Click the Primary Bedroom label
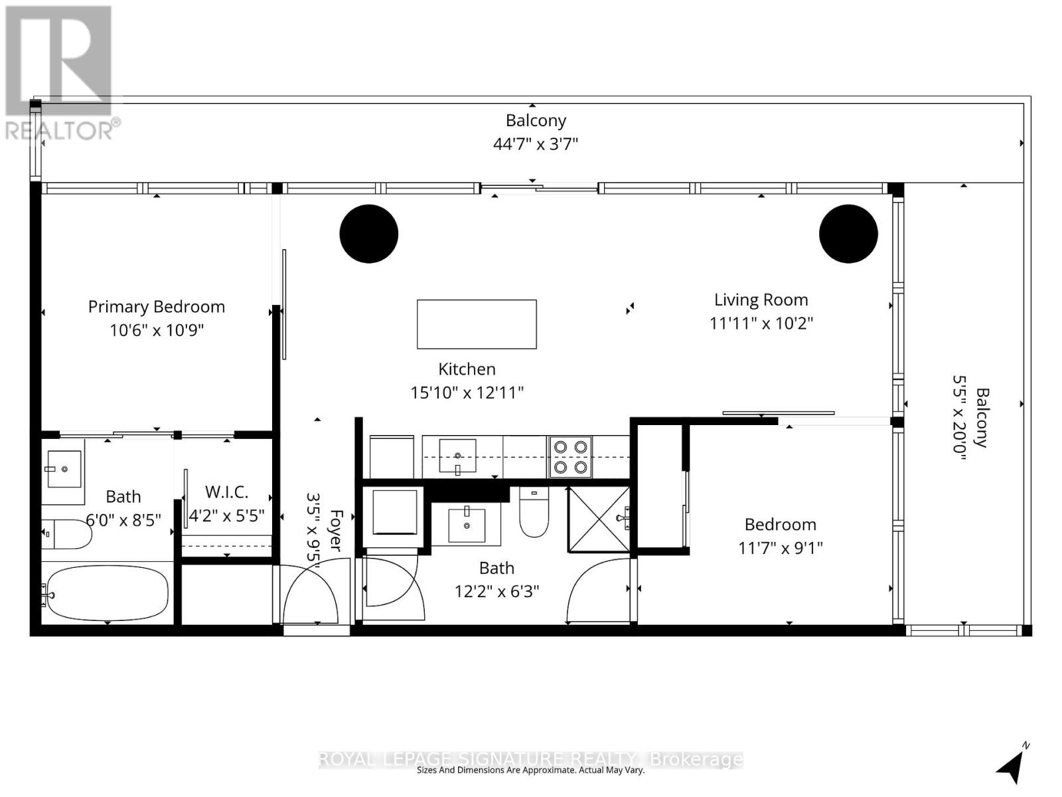(157, 307)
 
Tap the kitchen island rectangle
(477, 324)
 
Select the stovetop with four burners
(570, 457)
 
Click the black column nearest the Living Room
(848, 234)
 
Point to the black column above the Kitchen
(369, 234)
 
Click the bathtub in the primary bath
(106, 592)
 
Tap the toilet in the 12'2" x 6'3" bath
(534, 513)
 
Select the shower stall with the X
(599, 519)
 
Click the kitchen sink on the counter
(458, 455)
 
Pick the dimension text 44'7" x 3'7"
(536, 143)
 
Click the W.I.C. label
(227, 492)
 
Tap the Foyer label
(336, 530)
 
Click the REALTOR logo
(60, 73)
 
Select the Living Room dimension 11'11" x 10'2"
(761, 323)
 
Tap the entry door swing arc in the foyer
(312, 591)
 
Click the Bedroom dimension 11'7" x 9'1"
(781, 548)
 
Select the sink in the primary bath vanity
(64, 468)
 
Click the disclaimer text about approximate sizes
(530, 770)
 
